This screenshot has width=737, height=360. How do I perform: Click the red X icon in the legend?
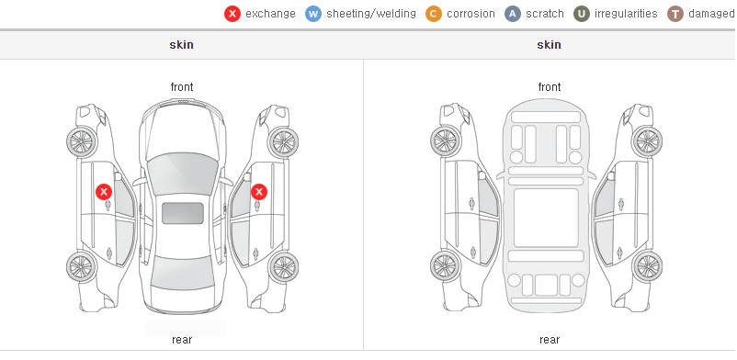click(x=232, y=14)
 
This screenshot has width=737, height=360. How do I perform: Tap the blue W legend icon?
click(x=313, y=14)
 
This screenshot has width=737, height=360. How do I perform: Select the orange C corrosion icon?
click(x=434, y=14)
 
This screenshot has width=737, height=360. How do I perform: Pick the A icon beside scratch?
click(x=513, y=14)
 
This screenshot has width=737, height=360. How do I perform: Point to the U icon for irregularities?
click(x=582, y=14)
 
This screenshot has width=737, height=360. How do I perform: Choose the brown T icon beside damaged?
click(x=675, y=14)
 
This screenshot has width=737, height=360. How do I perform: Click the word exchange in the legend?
click(x=270, y=14)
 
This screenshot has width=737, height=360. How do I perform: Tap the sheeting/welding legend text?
click(x=371, y=14)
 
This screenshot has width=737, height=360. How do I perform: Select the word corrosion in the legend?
click(x=471, y=14)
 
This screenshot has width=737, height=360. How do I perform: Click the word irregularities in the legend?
click(x=626, y=14)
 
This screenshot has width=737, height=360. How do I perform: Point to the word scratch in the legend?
click(x=545, y=14)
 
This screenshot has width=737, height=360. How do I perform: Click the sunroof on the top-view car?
click(x=183, y=213)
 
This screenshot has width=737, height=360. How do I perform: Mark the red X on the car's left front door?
click(x=104, y=192)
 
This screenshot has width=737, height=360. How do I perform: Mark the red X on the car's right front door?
click(x=259, y=192)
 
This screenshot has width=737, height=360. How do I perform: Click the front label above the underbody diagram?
click(x=550, y=87)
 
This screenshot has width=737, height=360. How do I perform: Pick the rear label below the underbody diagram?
click(x=550, y=340)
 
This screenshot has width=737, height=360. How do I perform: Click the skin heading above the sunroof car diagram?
click(x=181, y=45)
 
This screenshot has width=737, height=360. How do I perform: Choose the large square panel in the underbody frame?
click(x=546, y=218)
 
